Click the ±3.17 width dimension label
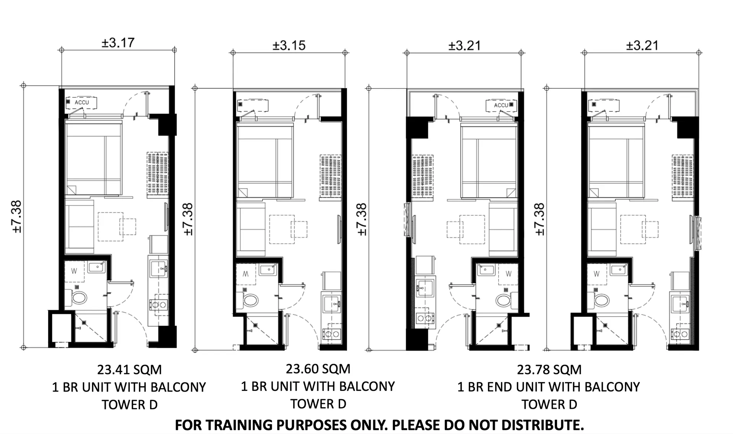[118, 42]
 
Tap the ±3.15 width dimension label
[289, 46]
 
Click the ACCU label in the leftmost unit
[82, 102]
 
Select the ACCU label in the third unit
[501, 105]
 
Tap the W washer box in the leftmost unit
[74, 271]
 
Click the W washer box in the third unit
[509, 274]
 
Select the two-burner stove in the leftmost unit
[158, 305]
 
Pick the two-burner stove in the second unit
[331, 334]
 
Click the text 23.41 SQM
[129, 370]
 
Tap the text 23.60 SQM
[318, 369]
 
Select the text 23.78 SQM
[549, 370]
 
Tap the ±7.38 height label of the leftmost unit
[17, 217]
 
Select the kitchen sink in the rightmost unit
[680, 304]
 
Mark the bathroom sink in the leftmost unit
[96, 267]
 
